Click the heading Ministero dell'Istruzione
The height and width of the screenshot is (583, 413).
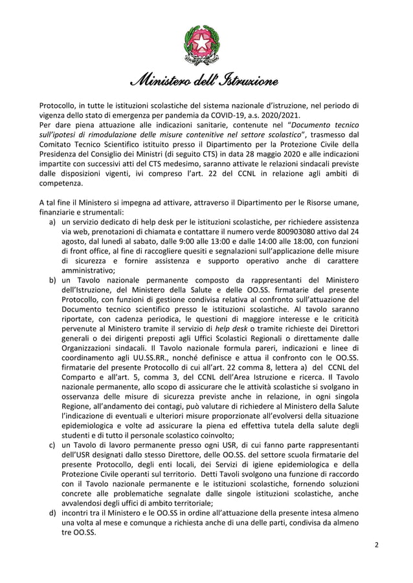click(x=206, y=82)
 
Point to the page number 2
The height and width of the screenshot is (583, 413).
click(x=376, y=545)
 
